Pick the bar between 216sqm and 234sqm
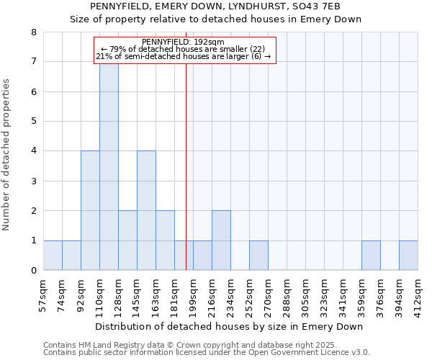coord(221,240)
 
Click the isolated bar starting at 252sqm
coord(258,256)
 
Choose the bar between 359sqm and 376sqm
coord(371,256)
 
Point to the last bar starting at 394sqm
coord(408,256)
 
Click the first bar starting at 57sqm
coord(53,256)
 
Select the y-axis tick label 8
coord(33,32)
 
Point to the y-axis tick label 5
coord(33,121)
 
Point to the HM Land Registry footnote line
coord(205,346)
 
